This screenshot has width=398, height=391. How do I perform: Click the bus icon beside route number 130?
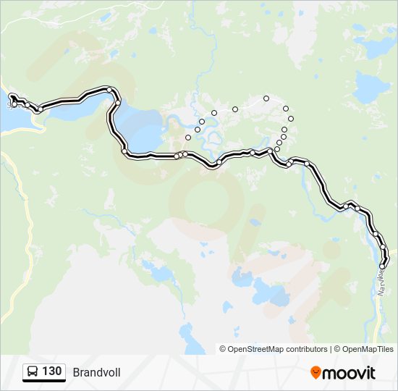[33, 371]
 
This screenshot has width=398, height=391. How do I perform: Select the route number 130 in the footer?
[51, 371]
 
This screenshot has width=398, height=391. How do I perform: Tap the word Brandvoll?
[96, 372]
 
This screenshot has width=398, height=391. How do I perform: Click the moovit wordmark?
[350, 373]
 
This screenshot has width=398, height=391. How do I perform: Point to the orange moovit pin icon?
[316, 372]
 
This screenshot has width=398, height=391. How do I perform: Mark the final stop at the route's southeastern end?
[382, 266]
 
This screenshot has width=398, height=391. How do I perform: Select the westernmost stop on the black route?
[11, 96]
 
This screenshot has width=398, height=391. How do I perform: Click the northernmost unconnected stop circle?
[266, 98]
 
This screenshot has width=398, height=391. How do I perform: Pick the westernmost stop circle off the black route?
[188, 137]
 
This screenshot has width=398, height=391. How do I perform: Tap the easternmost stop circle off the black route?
[291, 119]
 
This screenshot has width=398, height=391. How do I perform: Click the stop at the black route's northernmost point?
[109, 90]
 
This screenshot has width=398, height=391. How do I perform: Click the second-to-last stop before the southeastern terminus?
[383, 248]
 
